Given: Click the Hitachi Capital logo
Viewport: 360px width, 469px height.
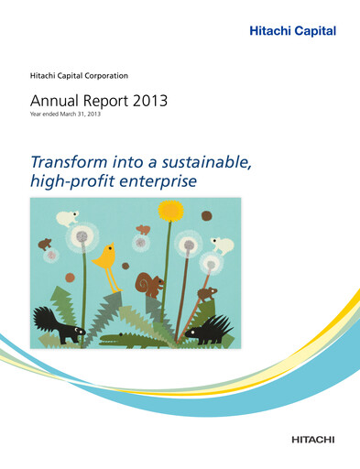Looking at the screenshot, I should (293, 31).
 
